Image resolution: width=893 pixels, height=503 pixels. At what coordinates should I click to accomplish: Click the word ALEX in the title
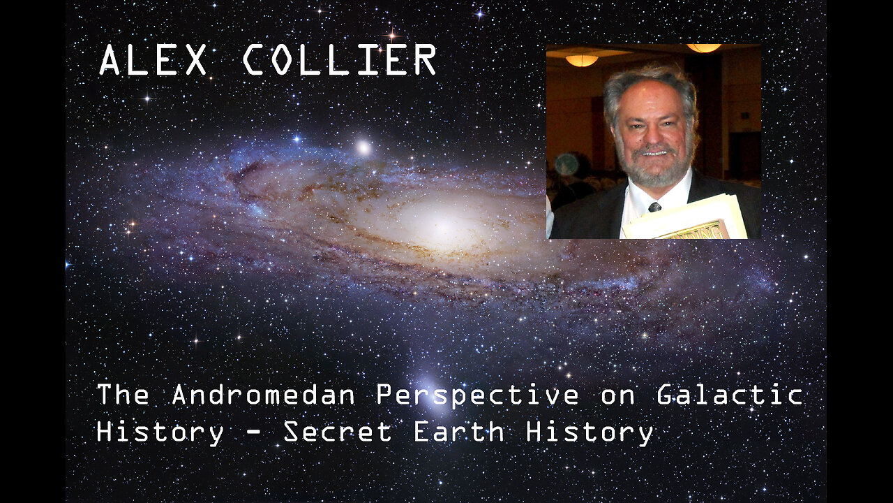[x=153, y=60]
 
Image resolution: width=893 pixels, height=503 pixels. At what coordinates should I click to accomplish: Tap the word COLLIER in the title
[x=340, y=60]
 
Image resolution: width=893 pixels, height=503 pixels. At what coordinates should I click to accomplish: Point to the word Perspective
[x=477, y=396]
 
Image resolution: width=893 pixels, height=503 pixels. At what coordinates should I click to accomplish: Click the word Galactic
[x=730, y=395]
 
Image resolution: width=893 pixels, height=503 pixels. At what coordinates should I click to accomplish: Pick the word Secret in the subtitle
[x=337, y=432]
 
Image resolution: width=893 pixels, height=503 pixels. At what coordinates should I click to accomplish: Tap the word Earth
[x=459, y=432]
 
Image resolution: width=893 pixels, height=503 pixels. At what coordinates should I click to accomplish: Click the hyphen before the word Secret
[x=255, y=433]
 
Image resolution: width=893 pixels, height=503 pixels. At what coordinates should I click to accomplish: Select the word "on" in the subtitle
[x=618, y=396]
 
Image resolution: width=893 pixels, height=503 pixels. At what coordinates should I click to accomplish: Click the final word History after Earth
[x=590, y=432]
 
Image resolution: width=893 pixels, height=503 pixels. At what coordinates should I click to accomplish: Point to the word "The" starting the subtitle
[x=123, y=395]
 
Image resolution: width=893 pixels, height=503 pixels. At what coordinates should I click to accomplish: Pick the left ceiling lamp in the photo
[x=581, y=60]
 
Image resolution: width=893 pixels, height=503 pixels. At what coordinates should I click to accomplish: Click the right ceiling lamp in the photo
[x=703, y=48]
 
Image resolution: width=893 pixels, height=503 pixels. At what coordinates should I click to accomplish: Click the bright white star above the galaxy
[x=363, y=147]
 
